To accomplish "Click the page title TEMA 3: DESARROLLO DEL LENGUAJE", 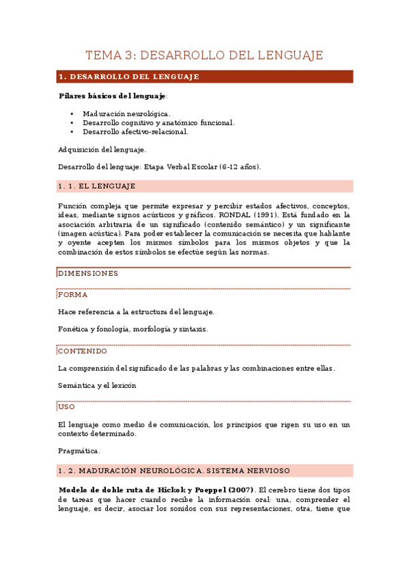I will click(204, 55).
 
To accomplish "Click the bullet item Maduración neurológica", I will click(126, 113).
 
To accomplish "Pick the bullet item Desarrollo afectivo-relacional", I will click(135, 132).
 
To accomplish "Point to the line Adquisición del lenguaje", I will click(102, 150).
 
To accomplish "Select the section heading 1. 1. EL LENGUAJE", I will click(97, 186).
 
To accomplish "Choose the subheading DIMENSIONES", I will click(88, 273).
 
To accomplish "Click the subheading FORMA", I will click(72, 295).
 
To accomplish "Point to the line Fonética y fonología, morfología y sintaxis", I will click(133, 329).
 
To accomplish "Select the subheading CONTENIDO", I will click(83, 351).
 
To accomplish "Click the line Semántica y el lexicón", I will click(97, 385).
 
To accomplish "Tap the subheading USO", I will click(67, 407).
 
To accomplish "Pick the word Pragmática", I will click(79, 451).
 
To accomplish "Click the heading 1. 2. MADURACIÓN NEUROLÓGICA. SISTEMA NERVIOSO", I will click(174, 470).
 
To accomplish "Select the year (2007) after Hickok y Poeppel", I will click(240, 490).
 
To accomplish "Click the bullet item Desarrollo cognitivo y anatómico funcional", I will click(158, 123).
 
